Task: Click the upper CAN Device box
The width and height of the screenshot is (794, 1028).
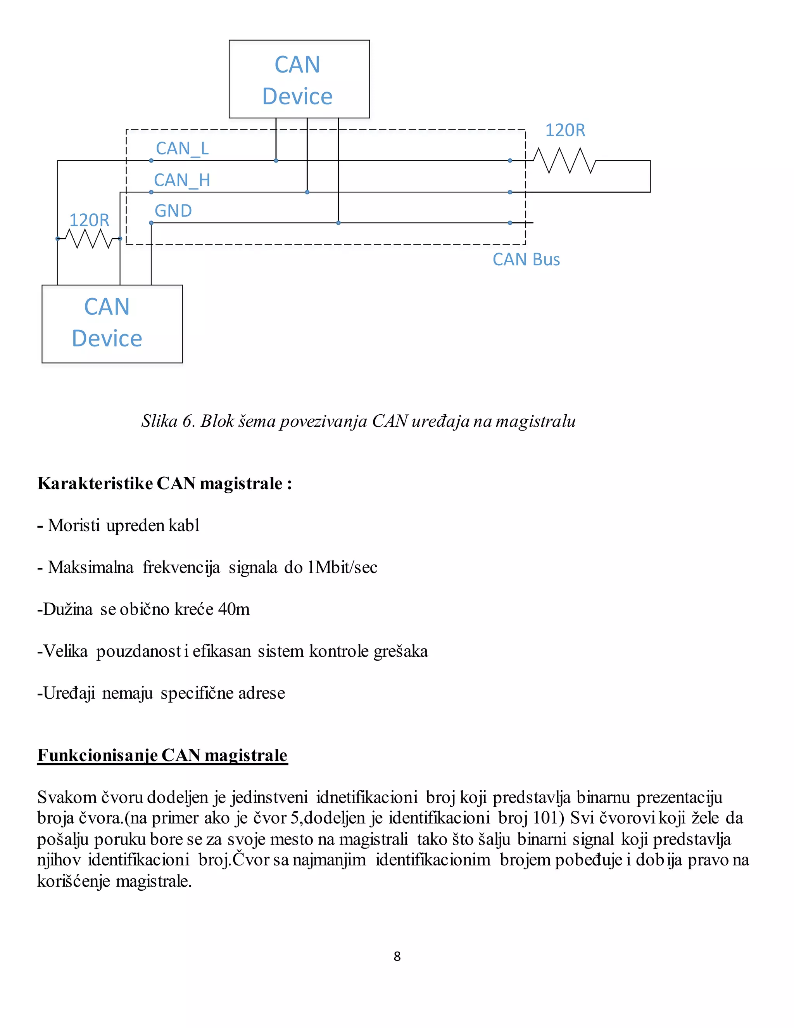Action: (x=299, y=79)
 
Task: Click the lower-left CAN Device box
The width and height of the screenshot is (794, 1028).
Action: (x=112, y=324)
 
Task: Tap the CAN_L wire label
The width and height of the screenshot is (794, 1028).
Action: (x=182, y=149)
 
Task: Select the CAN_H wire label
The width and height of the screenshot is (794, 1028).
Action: (x=182, y=180)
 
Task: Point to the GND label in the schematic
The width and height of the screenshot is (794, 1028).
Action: (x=173, y=211)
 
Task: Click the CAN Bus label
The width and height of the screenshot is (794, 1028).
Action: (x=526, y=260)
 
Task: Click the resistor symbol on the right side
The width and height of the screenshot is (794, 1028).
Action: (x=564, y=161)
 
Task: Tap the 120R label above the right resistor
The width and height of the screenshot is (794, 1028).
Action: (x=565, y=130)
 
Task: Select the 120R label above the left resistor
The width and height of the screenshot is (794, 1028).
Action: (x=90, y=220)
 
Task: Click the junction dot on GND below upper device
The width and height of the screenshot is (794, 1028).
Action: (x=338, y=223)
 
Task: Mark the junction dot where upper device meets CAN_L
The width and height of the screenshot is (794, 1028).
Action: (x=276, y=161)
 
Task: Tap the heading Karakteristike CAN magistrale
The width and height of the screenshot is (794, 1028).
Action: (x=165, y=483)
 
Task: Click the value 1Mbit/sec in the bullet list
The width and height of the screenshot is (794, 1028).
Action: (x=342, y=567)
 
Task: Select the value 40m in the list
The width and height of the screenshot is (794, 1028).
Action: (x=234, y=609)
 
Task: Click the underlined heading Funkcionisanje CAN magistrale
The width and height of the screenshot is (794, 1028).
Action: (x=162, y=755)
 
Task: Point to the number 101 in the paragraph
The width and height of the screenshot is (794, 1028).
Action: (x=545, y=818)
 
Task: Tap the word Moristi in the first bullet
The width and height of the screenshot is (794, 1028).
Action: (x=74, y=525)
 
